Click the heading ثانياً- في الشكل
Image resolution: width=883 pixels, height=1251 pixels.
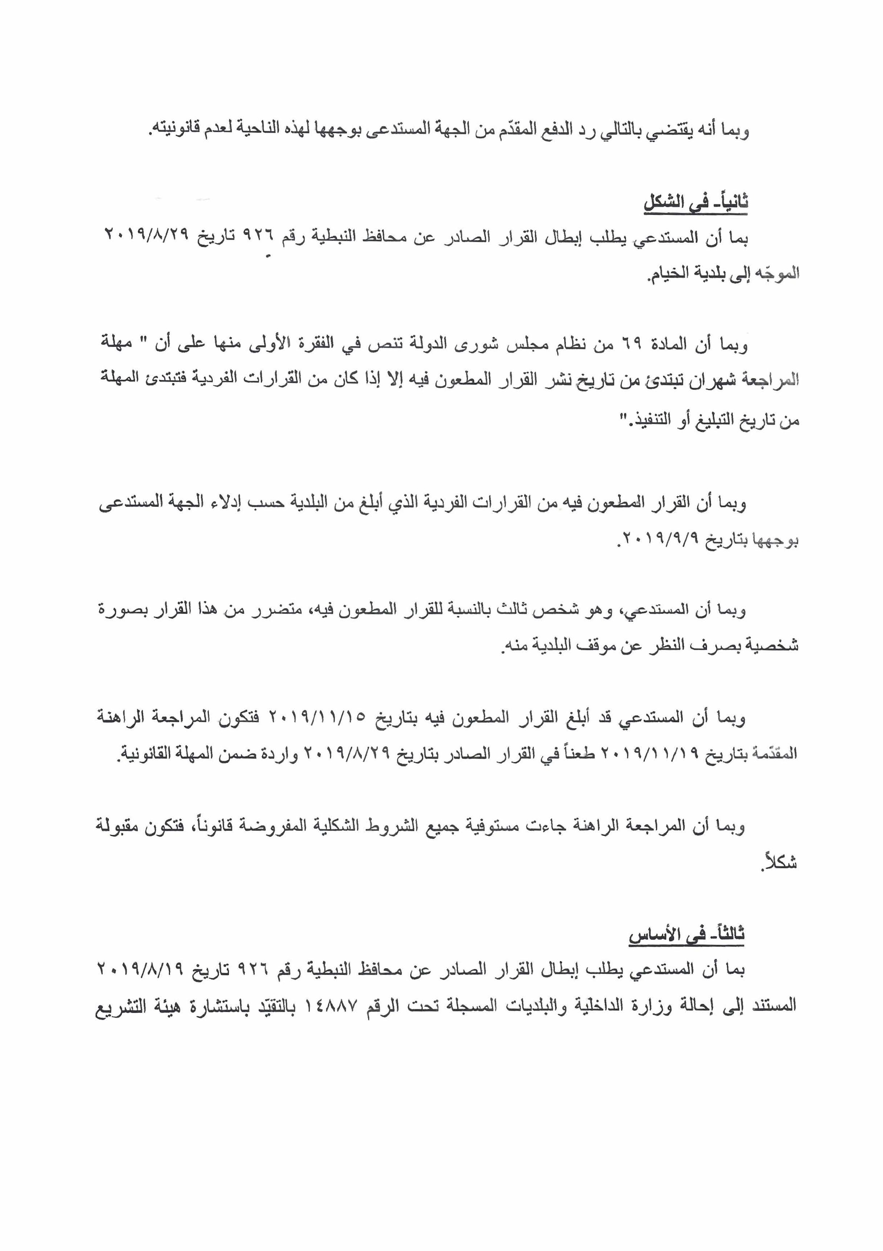(696, 203)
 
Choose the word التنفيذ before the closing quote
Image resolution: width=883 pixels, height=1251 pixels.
(650, 421)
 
